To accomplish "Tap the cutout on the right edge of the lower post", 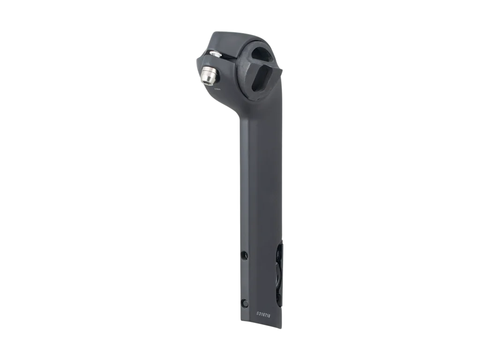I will tap(279, 272).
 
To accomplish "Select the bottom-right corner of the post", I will tap(283, 328).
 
